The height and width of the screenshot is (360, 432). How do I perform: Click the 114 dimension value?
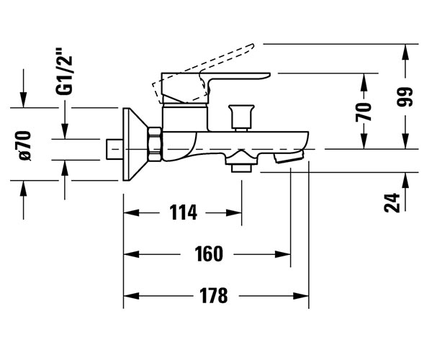click(x=183, y=212)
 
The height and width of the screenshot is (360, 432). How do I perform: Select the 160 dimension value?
click(x=208, y=253)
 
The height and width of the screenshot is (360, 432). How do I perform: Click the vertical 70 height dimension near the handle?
click(x=365, y=112)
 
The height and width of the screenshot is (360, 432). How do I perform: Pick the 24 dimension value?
click(x=392, y=202)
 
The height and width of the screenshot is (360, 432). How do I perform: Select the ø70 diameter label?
click(x=25, y=145)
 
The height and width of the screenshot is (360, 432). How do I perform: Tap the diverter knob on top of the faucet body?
click(x=241, y=115)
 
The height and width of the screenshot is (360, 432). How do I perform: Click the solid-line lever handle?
click(x=216, y=79)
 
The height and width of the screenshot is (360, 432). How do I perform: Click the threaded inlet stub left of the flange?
click(x=112, y=149)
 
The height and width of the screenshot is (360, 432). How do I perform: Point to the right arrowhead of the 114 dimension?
click(x=237, y=212)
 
